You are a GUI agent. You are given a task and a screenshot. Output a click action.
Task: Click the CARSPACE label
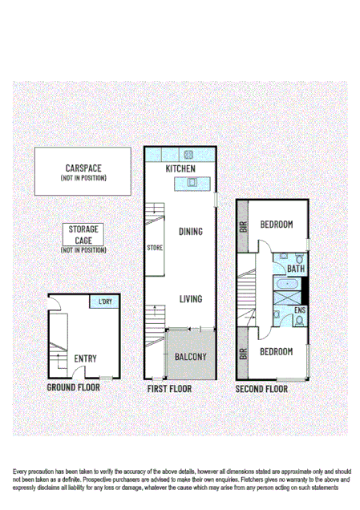tap(83, 169)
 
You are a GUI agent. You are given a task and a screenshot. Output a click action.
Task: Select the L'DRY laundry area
tap(105, 302)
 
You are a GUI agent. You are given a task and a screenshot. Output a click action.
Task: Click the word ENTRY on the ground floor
tap(86, 358)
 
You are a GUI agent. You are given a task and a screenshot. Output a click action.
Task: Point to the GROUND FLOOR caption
tap(74, 387)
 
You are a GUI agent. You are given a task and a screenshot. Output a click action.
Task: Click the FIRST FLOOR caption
tap(169, 389)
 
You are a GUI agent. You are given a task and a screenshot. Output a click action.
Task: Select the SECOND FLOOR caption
tap(261, 389)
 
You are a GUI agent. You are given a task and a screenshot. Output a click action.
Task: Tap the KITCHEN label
tap(180, 170)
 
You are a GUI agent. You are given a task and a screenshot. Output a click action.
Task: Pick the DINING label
tap(190, 232)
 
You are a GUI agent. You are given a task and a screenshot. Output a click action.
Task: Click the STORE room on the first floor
tap(155, 248)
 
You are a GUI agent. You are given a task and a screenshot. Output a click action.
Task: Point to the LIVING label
tap(190, 299)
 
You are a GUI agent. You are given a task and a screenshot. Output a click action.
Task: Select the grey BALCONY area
tap(190, 355)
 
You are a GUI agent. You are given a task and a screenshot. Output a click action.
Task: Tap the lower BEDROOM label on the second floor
tap(276, 351)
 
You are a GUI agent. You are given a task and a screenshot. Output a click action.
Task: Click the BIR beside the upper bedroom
tap(243, 226)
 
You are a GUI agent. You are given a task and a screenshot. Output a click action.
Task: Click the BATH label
tap(297, 269)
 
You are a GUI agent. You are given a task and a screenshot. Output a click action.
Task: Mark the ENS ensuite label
tap(301, 310)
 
